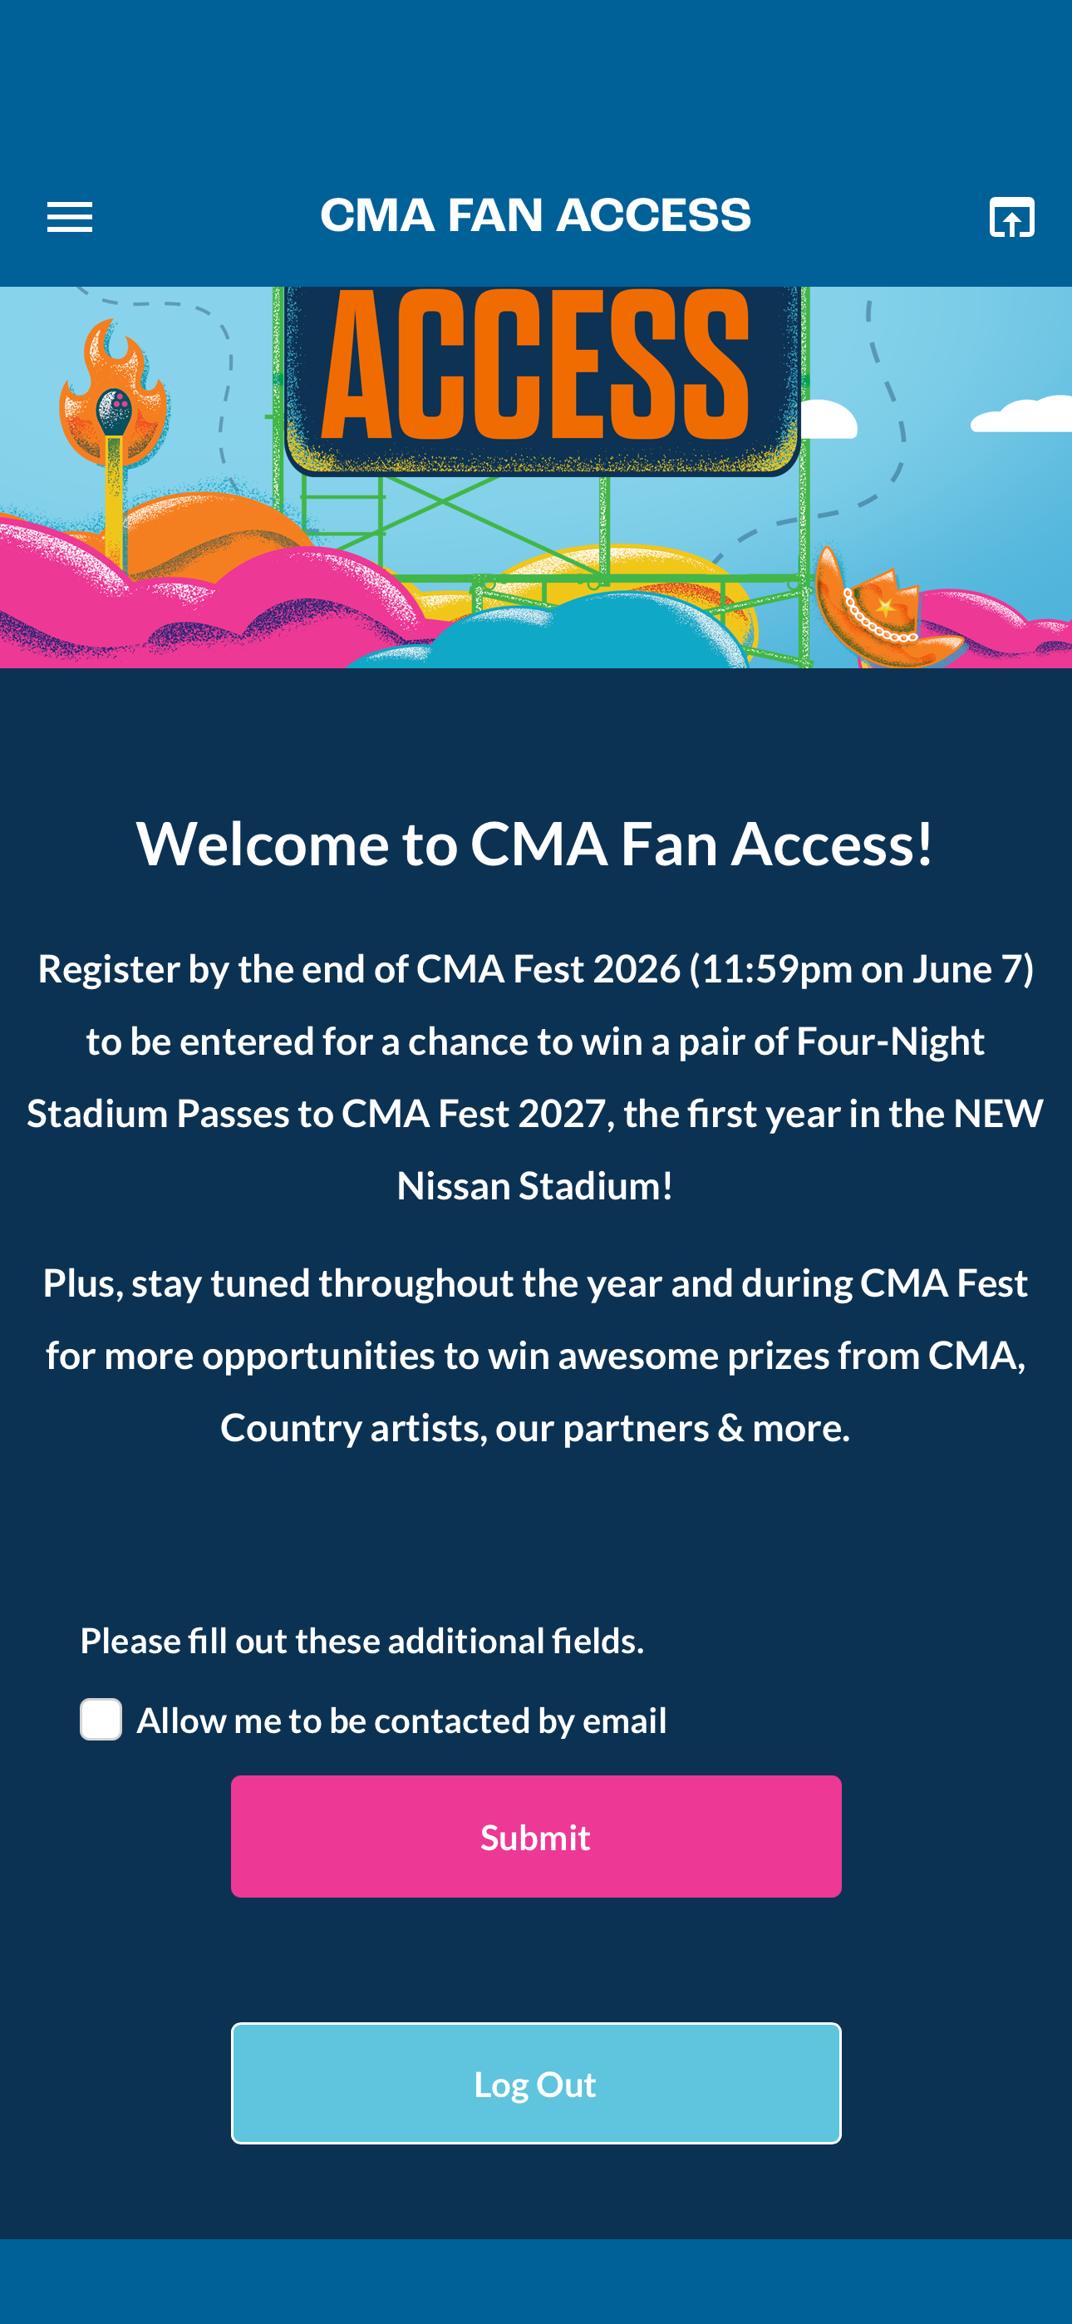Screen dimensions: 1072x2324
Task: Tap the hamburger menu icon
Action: click(70, 218)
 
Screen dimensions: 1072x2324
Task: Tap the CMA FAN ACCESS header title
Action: click(536, 215)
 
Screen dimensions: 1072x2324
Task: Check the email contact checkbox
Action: click(101, 1719)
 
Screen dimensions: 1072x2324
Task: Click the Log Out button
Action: click(536, 2082)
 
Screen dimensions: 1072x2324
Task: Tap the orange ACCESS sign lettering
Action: click(536, 366)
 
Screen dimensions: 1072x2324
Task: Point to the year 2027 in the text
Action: click(561, 1113)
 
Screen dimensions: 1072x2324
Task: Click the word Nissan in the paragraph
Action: click(454, 1185)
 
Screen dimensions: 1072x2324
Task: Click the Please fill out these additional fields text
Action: click(361, 1640)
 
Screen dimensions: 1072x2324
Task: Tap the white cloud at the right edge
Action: click(1024, 414)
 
